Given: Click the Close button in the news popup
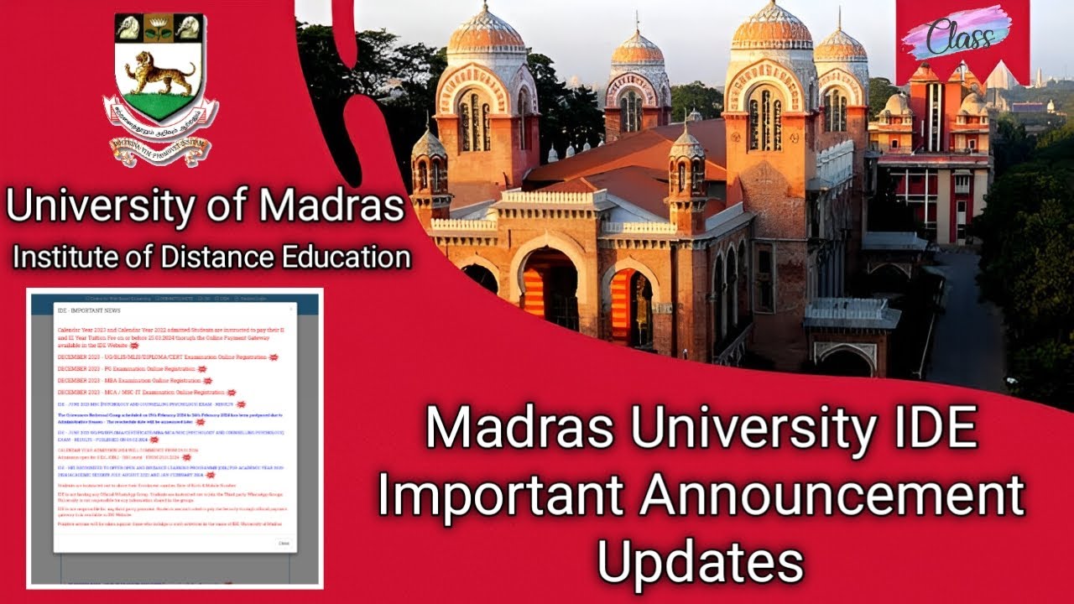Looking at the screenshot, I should click(x=284, y=543).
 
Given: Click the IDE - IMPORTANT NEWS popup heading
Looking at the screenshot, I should click(x=88, y=310).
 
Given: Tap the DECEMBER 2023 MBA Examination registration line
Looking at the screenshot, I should click(x=129, y=380).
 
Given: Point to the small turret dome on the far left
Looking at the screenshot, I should click(x=429, y=146).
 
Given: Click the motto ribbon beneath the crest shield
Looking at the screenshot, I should click(x=159, y=152).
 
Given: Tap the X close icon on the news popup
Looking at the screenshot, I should click(x=291, y=310).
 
